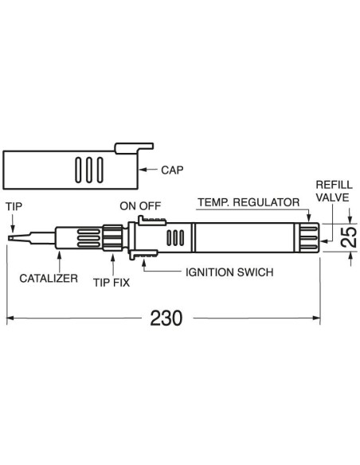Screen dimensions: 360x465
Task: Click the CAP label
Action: click(x=172, y=170)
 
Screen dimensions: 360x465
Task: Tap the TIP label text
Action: click(x=14, y=206)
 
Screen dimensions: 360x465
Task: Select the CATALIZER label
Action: click(x=49, y=278)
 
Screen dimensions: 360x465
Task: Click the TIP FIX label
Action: click(x=112, y=283)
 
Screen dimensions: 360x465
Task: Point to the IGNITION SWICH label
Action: click(x=229, y=272)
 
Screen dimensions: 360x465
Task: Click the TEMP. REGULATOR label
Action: click(x=248, y=202)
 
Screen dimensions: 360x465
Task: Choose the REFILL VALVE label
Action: click(x=334, y=191)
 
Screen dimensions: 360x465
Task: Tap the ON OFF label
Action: click(x=140, y=205)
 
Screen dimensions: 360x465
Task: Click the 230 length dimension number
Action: click(x=166, y=318)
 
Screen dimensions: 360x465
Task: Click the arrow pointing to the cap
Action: click(x=148, y=170)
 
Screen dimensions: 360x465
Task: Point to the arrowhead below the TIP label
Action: click(x=12, y=229)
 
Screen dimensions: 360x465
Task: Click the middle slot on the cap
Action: click(x=89, y=170)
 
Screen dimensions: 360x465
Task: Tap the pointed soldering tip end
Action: click(x=10, y=238)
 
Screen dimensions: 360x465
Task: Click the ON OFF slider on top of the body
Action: click(x=151, y=221)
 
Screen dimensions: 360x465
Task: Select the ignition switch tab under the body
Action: click(x=143, y=255)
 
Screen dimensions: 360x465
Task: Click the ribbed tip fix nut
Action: click(x=112, y=237)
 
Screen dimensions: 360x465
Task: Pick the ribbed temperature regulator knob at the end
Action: click(x=307, y=238)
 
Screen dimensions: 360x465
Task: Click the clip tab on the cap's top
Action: click(x=134, y=148)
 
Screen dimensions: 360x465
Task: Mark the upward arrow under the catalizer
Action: click(x=60, y=261)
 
